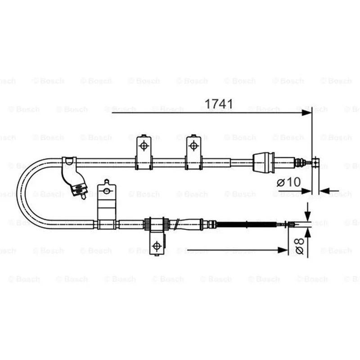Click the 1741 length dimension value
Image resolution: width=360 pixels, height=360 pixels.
point(219,104)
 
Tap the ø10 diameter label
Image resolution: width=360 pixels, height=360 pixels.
point(288,182)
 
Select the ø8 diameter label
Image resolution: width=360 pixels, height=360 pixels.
point(299,246)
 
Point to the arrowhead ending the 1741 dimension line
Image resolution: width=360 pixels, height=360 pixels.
point(307,113)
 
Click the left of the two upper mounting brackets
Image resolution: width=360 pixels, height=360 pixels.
point(144,152)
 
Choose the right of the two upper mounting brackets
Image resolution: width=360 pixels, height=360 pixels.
point(193,152)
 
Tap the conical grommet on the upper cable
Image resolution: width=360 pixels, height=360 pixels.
point(264,162)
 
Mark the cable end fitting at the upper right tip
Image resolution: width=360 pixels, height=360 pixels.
point(316,162)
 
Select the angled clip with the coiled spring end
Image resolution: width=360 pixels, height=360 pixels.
point(74,177)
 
